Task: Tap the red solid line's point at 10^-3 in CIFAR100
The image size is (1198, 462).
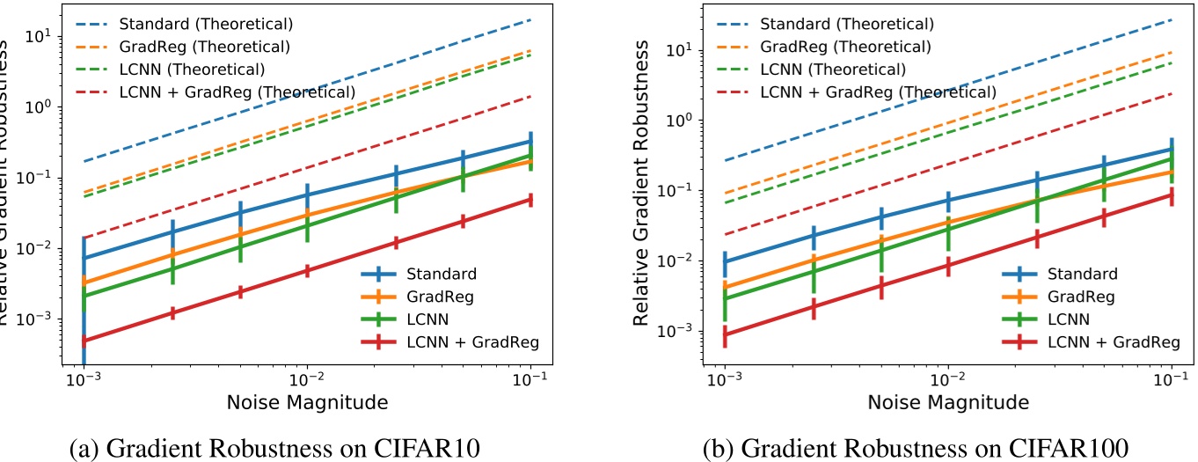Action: tap(725, 334)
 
